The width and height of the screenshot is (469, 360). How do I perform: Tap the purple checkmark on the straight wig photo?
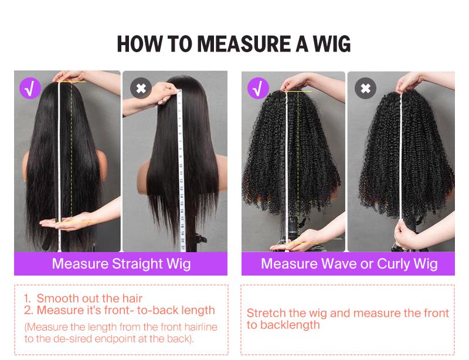tap(30, 88)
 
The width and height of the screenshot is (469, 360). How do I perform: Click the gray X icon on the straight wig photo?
tap(141, 89)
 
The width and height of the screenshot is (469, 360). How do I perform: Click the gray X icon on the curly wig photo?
tap(365, 89)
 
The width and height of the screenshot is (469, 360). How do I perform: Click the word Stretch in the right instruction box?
tap(265, 313)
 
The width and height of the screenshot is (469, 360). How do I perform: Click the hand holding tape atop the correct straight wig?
tap(67, 77)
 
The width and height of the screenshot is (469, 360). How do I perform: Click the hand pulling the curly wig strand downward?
tap(409, 232)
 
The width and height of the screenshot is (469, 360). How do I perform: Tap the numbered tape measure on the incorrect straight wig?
tap(181, 164)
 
